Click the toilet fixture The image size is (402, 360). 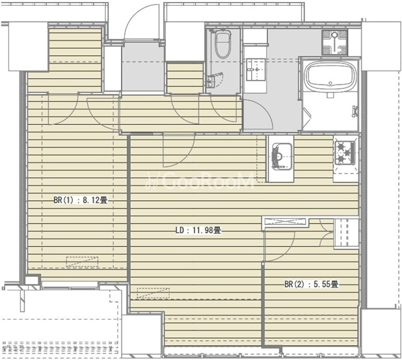click(x=222, y=45)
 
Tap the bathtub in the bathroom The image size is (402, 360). click(x=330, y=76)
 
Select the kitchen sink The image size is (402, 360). click(x=282, y=156)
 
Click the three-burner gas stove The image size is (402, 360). click(x=345, y=153)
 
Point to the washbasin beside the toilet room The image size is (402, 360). click(x=256, y=70)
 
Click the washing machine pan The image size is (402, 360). click(x=334, y=42)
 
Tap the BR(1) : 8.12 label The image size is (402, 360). click(x=80, y=199)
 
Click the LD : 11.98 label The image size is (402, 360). click(x=198, y=230)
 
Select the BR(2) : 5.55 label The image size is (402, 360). click(x=311, y=284)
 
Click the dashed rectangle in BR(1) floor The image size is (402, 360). click(x=82, y=262)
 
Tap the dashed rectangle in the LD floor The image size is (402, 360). click(x=154, y=293)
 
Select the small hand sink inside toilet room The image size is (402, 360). click(x=211, y=81)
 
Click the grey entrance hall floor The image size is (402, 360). click(x=143, y=68)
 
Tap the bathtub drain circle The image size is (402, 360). click(x=330, y=83)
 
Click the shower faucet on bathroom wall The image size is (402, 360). click(x=355, y=112)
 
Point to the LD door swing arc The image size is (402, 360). click(x=183, y=153)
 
